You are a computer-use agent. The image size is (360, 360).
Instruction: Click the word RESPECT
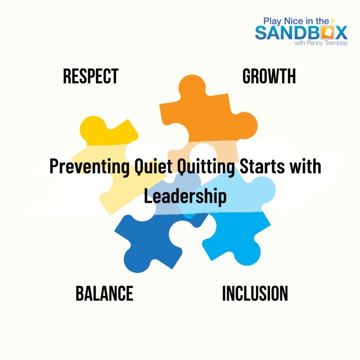pos(91,76)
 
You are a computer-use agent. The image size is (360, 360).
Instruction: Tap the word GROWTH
pos(269,76)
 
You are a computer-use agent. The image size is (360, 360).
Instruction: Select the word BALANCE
pos(104,294)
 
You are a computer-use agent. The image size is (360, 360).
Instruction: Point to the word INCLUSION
pos(255,294)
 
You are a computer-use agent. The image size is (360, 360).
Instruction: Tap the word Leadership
pos(185,197)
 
